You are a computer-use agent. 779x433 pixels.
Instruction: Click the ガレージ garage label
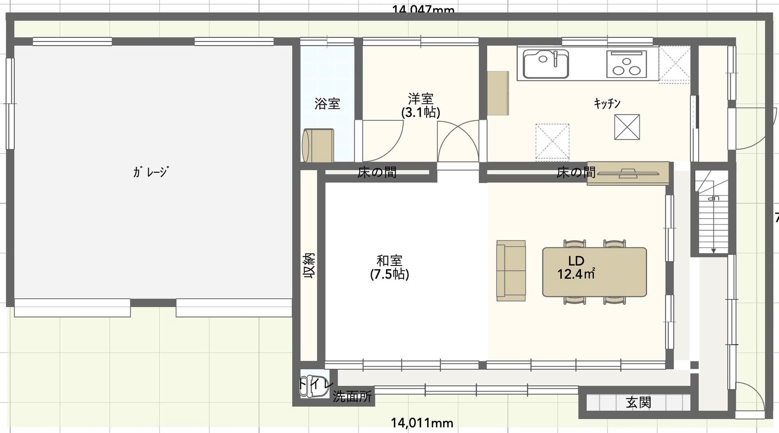(150, 172)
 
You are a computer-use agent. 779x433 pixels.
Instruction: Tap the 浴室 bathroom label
(327, 104)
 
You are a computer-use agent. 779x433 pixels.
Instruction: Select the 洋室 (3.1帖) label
(420, 106)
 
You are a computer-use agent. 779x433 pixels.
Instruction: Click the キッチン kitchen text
(607, 103)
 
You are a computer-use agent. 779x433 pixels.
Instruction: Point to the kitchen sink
(545, 64)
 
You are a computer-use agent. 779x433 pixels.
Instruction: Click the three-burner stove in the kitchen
(626, 65)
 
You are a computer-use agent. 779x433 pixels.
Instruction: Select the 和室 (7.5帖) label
(389, 267)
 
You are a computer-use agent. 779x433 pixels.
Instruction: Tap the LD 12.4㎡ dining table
(594, 272)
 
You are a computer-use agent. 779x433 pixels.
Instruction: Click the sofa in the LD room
(511, 271)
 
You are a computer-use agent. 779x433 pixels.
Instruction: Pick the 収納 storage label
(309, 266)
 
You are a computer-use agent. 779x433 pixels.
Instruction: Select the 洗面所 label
(352, 396)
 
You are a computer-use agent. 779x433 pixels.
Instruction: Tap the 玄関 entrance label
(638, 402)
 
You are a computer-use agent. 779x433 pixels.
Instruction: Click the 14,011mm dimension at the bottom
(422, 423)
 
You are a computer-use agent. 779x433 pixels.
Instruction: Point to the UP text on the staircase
(713, 198)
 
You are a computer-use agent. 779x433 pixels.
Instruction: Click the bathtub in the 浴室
(318, 145)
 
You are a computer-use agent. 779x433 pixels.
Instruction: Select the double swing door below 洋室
(458, 142)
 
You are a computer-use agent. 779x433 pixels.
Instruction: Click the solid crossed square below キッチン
(626, 127)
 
